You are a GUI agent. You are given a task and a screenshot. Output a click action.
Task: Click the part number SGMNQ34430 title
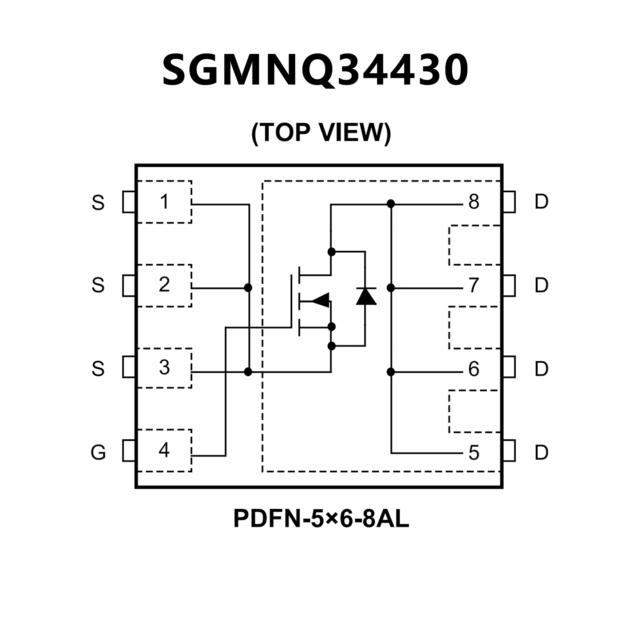315,70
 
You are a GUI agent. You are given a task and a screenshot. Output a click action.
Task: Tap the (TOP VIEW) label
321,133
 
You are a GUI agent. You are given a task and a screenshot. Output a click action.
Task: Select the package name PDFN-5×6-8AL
321,518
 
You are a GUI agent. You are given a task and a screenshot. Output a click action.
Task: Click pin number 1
164,202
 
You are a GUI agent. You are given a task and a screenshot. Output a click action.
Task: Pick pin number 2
164,285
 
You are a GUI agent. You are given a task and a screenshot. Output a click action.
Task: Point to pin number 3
164,368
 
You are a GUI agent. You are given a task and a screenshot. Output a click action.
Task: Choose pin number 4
164,450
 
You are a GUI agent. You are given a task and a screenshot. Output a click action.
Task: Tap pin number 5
474,453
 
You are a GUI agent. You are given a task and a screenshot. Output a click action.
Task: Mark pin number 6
474,369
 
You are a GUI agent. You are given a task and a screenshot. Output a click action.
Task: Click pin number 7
474,285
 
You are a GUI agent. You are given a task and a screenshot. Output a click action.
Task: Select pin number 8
474,202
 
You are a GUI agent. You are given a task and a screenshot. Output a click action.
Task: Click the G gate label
98,452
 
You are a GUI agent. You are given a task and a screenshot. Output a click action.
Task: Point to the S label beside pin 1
98,203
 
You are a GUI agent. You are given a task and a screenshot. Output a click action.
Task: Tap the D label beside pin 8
541,202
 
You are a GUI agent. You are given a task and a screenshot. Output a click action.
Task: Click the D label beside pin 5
541,452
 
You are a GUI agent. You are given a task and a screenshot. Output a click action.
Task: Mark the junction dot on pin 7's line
391,288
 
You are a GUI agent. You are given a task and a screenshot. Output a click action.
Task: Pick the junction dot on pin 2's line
248,287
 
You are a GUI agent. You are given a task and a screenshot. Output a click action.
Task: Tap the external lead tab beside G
129,451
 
